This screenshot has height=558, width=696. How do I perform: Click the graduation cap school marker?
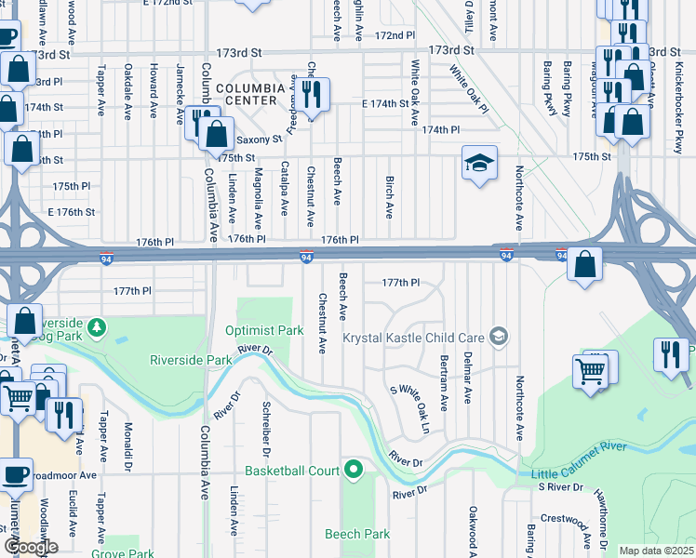coord(479,164)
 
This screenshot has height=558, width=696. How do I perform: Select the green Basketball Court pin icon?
coord(353,470)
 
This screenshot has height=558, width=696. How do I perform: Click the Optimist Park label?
coord(264,330)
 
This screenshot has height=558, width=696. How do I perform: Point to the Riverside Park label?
coord(190,359)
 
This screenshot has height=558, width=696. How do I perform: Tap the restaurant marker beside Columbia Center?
coord(311,94)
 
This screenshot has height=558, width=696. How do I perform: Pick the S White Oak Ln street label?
coord(410,410)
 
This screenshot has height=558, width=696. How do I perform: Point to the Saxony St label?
coord(260,139)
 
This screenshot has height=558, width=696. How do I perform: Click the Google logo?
coord(31,547)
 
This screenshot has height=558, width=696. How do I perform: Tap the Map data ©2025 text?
coord(655,551)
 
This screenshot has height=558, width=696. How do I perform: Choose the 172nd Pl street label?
coord(395,35)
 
